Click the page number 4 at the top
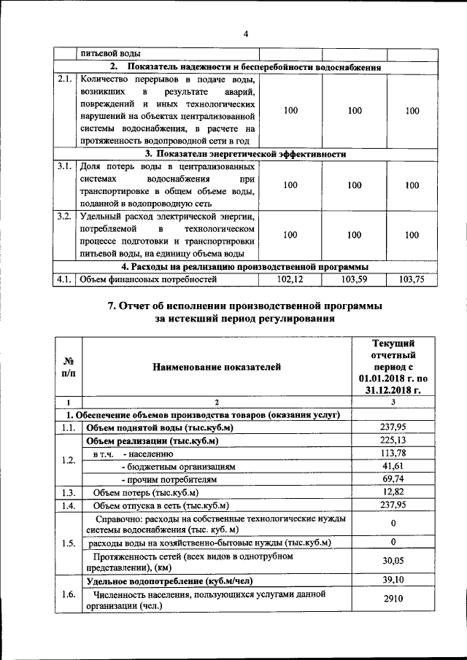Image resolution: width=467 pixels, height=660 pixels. click(x=246, y=34)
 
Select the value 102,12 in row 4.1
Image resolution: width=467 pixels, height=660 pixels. click(x=290, y=279)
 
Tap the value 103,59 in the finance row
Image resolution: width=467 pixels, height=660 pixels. click(x=355, y=279)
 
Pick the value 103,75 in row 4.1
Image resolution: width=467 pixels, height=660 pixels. click(x=412, y=279)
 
